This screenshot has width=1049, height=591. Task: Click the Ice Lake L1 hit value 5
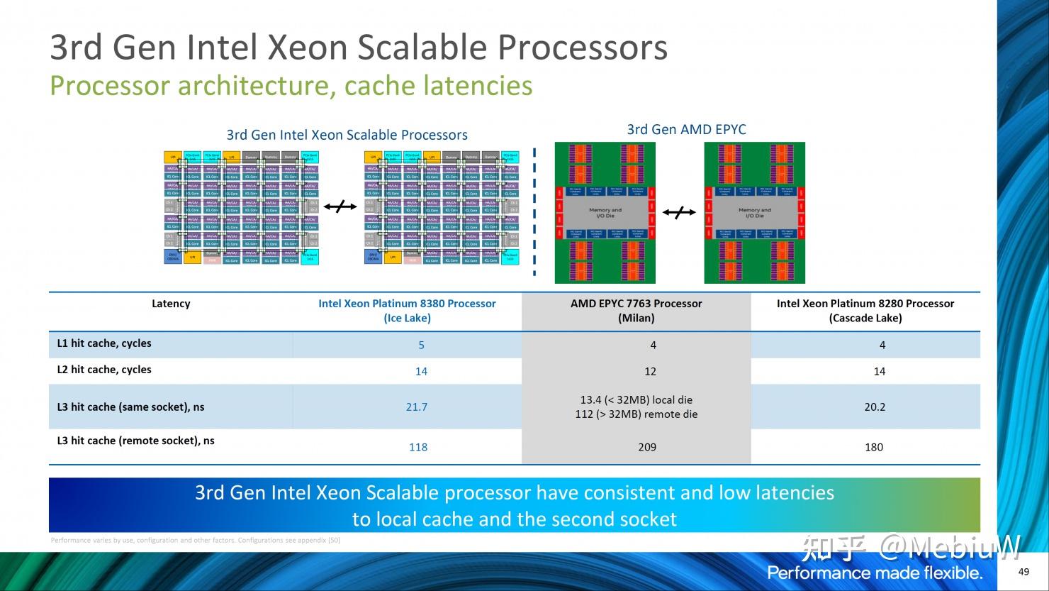pyautogui.click(x=421, y=345)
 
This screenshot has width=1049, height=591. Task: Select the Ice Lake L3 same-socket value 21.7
pyautogui.click(x=416, y=407)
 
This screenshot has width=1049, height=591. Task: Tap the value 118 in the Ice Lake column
pyautogui.click(x=418, y=447)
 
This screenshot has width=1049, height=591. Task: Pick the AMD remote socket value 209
pyautogui.click(x=646, y=447)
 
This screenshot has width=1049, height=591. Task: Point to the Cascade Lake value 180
pyautogui.click(x=874, y=447)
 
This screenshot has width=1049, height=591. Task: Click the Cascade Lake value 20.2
pyautogui.click(x=875, y=407)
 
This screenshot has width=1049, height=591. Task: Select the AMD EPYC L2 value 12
pyautogui.click(x=650, y=371)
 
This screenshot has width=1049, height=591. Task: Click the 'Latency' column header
pyautogui.click(x=171, y=304)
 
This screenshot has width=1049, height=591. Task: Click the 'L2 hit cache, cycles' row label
pyautogui.click(x=104, y=370)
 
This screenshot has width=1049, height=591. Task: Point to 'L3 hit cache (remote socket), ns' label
pyautogui.click(x=135, y=441)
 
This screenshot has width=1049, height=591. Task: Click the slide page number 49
pyautogui.click(x=1023, y=572)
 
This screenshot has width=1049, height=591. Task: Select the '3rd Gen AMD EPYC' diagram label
pyautogui.click(x=686, y=129)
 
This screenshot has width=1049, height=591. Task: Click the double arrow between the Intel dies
pyautogui.click(x=341, y=206)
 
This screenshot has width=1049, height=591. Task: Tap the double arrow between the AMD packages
pyautogui.click(x=679, y=212)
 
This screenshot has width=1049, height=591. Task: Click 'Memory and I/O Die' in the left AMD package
pyautogui.click(x=605, y=213)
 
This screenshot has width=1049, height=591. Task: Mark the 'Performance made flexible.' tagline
pyautogui.click(x=875, y=573)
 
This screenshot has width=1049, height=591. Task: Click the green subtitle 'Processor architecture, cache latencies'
pyautogui.click(x=291, y=86)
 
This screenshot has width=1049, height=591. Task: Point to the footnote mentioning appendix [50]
pyautogui.click(x=196, y=541)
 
